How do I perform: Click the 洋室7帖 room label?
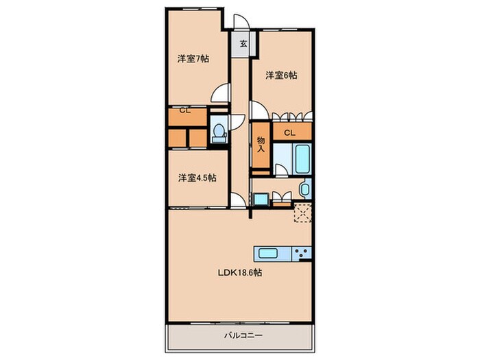(193, 59)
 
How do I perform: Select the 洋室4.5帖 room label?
(197, 178)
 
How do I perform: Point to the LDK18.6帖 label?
(239, 272)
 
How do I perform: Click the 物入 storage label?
(261, 145)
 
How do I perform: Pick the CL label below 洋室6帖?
(289, 132)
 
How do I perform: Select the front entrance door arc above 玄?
(242, 22)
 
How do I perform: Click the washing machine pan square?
(261, 200)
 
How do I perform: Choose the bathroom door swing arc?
(282, 169)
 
